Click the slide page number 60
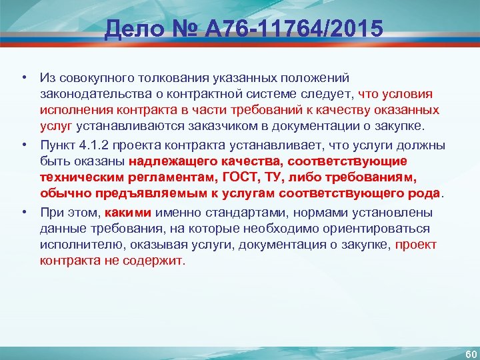pos(465,351)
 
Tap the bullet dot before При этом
pos(24,213)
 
